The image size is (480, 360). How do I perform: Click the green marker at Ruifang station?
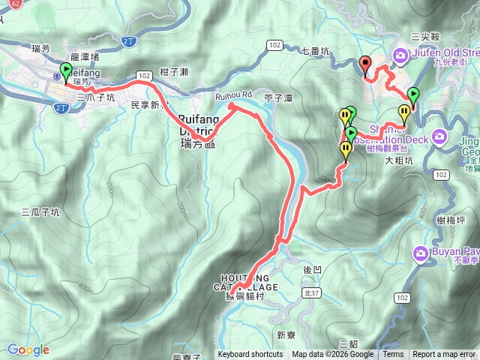pyautogui.click(x=65, y=73)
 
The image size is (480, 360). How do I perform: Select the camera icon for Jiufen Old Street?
pyautogui.click(x=400, y=54)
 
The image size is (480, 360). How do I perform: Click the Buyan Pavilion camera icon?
pyautogui.click(x=421, y=252)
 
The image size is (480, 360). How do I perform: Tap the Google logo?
pyautogui.click(x=28, y=349)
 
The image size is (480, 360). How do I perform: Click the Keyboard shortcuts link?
pyautogui.click(x=250, y=355)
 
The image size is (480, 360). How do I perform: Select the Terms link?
pyautogui.click(x=393, y=355)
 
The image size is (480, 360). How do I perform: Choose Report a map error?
pyautogui.click(x=444, y=355)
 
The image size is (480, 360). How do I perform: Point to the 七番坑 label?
pyautogui.click(x=315, y=51)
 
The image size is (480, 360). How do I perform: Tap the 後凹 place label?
pyautogui.click(x=311, y=268)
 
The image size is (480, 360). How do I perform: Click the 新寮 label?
pyautogui.click(x=286, y=334)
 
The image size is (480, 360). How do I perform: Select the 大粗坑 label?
pyautogui.click(x=399, y=160)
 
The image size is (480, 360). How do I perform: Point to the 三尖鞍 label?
pyautogui.click(x=425, y=35)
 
